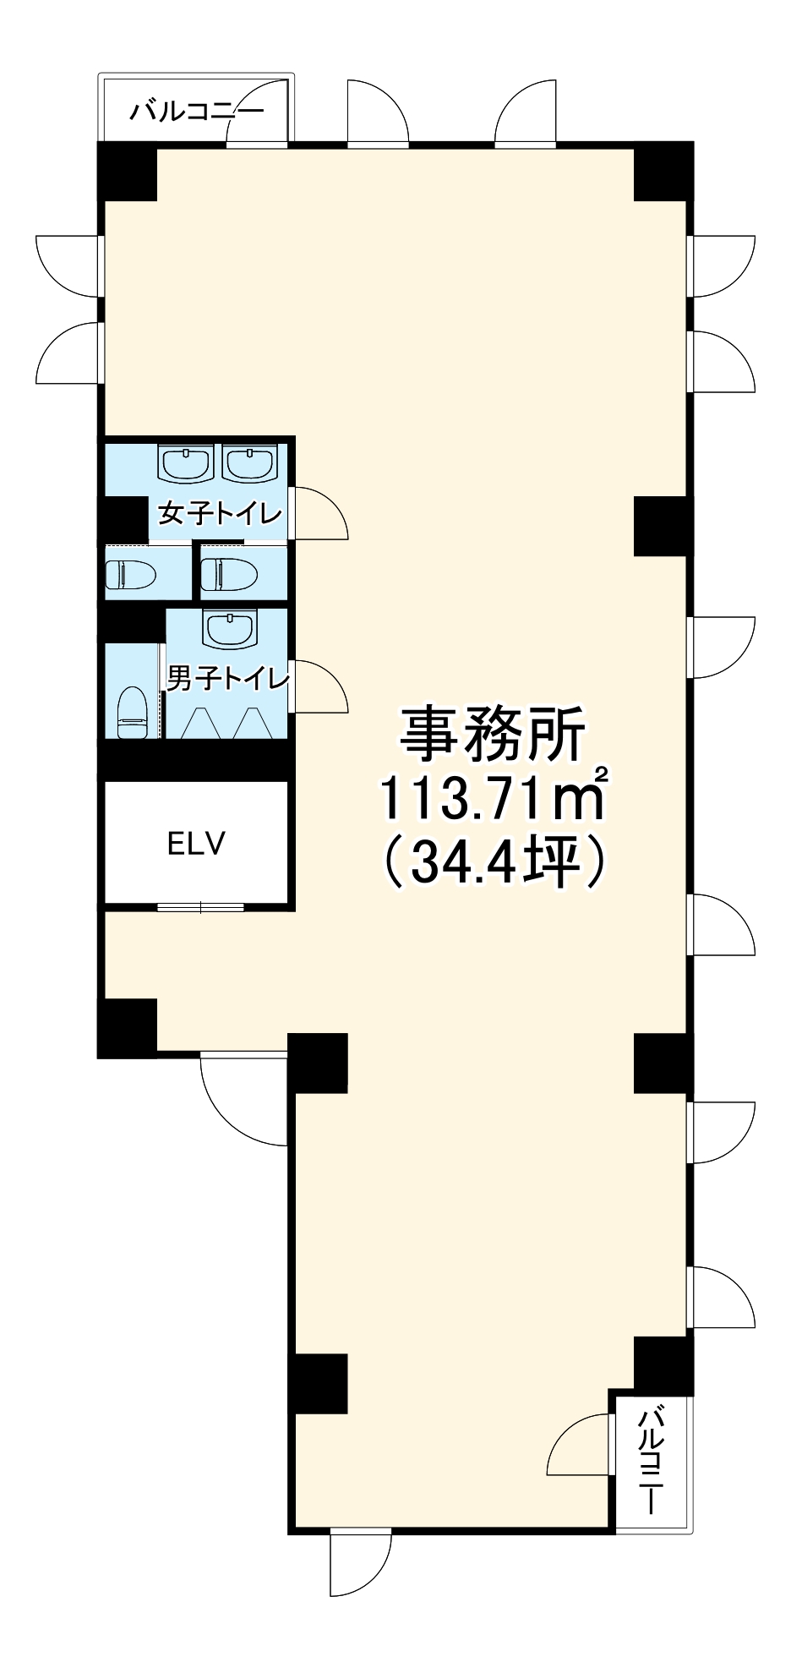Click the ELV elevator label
pos(196,844)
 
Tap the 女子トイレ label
pos(221,513)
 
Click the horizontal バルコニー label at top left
pos(196,112)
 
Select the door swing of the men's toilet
pos(318,686)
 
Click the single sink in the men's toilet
pos(227,628)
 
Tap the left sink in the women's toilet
pos(185,463)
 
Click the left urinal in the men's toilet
pos(199,723)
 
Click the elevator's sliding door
pos(200,907)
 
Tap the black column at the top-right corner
pos(663,172)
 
